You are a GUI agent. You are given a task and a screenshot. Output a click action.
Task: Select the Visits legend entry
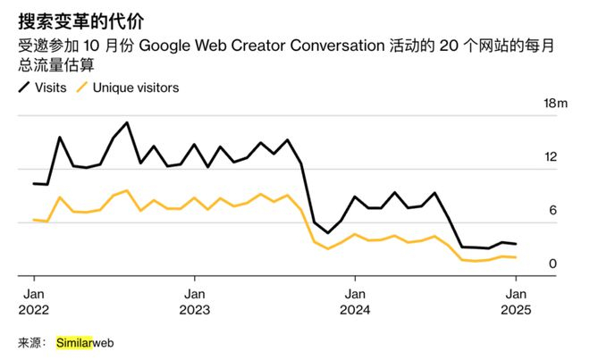tap(46, 88)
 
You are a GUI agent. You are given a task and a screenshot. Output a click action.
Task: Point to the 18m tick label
tap(556, 105)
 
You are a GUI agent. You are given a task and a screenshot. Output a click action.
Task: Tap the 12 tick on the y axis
tap(551, 157)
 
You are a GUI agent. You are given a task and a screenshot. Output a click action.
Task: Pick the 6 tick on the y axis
tap(553, 211)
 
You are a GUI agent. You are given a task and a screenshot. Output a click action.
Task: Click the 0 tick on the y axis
tap(553, 264)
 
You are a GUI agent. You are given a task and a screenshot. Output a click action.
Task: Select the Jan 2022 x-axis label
tap(34, 302)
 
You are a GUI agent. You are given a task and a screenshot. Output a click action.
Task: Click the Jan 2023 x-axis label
tap(195, 302)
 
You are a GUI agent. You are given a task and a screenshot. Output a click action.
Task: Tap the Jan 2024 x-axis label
tap(355, 302)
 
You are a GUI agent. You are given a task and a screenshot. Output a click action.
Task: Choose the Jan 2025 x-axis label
tap(516, 302)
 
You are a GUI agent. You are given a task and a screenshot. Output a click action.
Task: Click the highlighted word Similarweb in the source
tap(85, 342)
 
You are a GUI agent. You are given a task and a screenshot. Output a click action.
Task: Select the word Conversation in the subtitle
tap(341, 46)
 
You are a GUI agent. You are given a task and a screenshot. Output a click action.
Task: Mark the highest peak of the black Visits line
tap(127, 122)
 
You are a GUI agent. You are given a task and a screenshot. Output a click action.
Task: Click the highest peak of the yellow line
tap(127, 190)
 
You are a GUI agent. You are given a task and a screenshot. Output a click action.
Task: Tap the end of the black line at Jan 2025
tap(516, 244)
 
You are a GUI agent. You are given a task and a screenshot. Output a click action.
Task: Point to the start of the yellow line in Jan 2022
tap(33, 219)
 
